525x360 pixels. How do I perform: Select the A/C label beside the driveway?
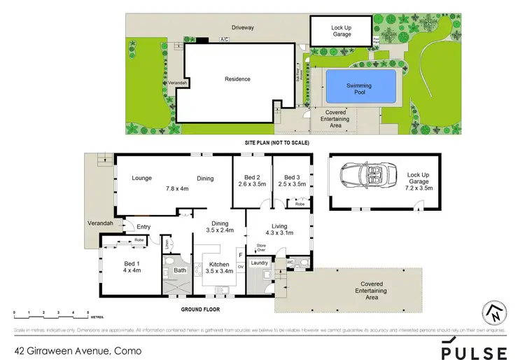coord(225,39)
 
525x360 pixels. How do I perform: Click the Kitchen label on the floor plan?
coord(218,264)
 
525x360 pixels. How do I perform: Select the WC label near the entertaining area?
coord(292,263)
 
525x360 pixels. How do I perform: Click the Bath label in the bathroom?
coord(179,270)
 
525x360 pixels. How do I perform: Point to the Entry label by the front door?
coord(143,226)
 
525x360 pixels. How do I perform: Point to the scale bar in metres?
coord(50,312)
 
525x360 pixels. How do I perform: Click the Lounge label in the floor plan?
coord(142,178)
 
